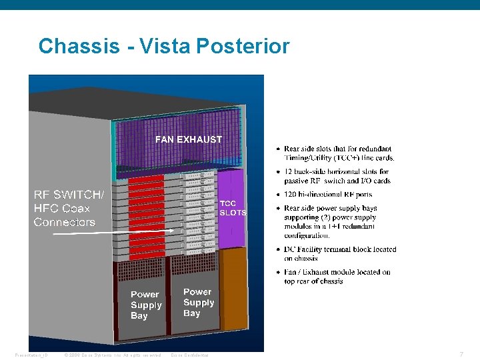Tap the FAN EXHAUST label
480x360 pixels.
(188, 139)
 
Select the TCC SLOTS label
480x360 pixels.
(233, 208)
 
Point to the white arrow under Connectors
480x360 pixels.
(113, 232)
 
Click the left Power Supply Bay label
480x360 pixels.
(146, 305)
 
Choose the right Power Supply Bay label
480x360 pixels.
(198, 302)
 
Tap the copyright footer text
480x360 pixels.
(112, 355)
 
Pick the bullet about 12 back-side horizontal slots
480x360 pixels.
(337, 176)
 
